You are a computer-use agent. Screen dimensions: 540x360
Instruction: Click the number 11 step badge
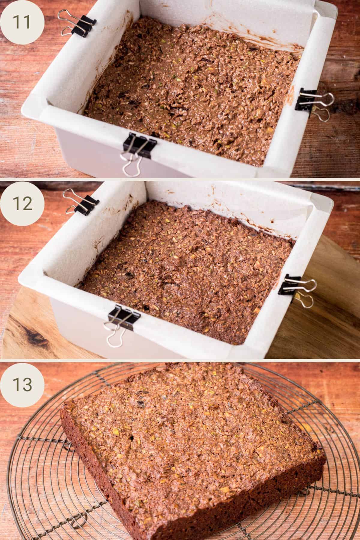coord(22,22)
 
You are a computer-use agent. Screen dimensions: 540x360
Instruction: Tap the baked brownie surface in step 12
coord(186,270)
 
